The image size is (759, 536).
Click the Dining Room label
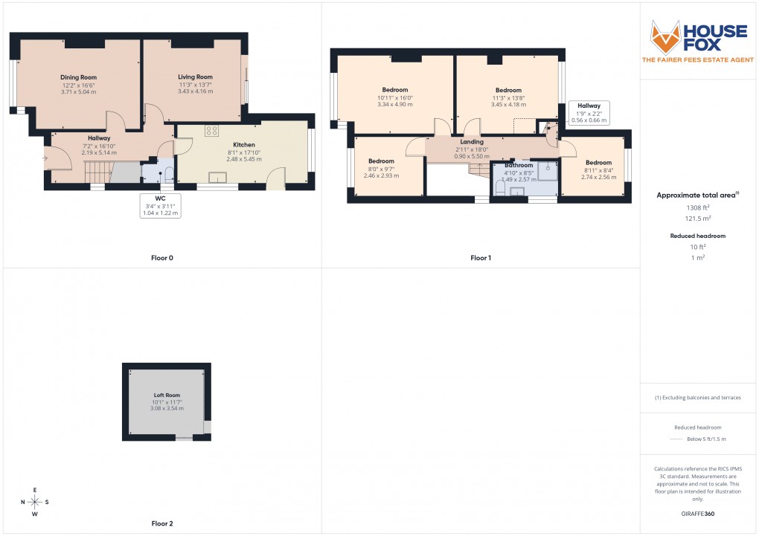click(78, 77)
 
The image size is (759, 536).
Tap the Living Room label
click(195, 77)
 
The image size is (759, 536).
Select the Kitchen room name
click(244, 145)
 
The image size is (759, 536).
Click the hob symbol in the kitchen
click(211, 130)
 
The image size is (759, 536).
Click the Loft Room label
click(167, 395)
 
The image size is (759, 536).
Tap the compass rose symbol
click(34, 503)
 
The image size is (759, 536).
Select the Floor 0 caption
click(161, 258)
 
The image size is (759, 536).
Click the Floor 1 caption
click(481, 258)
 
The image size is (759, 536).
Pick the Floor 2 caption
click(161, 523)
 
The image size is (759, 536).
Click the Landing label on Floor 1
click(472, 142)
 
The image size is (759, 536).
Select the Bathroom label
click(519, 165)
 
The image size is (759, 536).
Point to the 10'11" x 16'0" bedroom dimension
click(394, 97)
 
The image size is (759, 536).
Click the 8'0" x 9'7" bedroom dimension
click(381, 169)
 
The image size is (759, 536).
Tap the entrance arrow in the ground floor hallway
click(45, 158)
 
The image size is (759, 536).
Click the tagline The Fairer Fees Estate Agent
click(699, 59)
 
